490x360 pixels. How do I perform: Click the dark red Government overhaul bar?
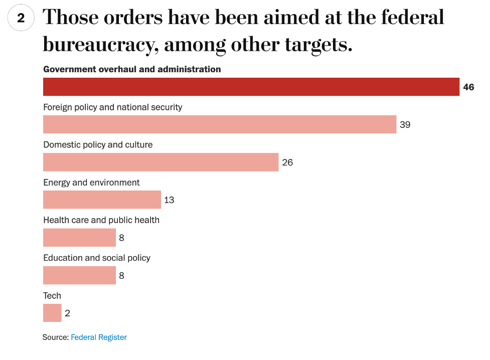coord(251,87)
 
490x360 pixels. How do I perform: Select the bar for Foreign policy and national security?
coord(220,124)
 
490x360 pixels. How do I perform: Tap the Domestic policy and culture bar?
coord(160,162)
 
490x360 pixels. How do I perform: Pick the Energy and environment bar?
coord(102,200)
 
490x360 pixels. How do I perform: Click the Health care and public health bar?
coord(79,237)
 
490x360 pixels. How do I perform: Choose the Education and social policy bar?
coord(79,275)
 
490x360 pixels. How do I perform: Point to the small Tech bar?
coord(52,313)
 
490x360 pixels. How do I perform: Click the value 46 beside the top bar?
coord(468,87)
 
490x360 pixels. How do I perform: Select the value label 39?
coord(405,125)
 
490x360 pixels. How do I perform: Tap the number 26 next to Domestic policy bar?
coord(287,162)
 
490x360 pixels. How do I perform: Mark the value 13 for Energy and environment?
coord(169,200)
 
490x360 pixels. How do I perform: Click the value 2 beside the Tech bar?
coord(67,313)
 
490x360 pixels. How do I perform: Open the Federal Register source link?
coord(99,337)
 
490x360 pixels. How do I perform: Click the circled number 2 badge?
coord(21,19)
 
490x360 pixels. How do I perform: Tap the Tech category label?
coord(52,296)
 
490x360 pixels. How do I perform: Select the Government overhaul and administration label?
coord(132,69)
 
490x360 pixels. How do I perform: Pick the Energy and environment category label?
coord(91,183)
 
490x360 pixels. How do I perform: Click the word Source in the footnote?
coord(55,337)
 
